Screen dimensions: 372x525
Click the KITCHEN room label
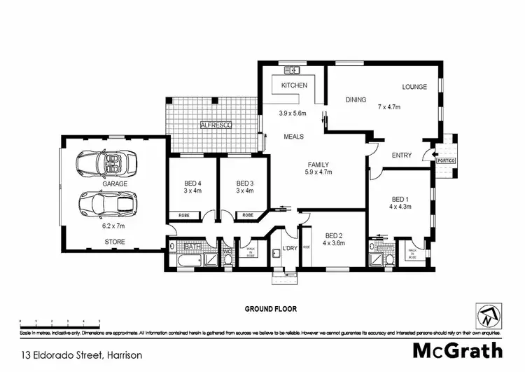click(294, 85)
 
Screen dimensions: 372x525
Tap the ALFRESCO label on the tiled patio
click(216, 125)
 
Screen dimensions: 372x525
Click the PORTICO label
click(446, 160)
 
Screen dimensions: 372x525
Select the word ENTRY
click(401, 156)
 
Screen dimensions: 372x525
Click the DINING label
click(356, 99)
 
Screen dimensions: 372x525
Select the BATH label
click(192, 247)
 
